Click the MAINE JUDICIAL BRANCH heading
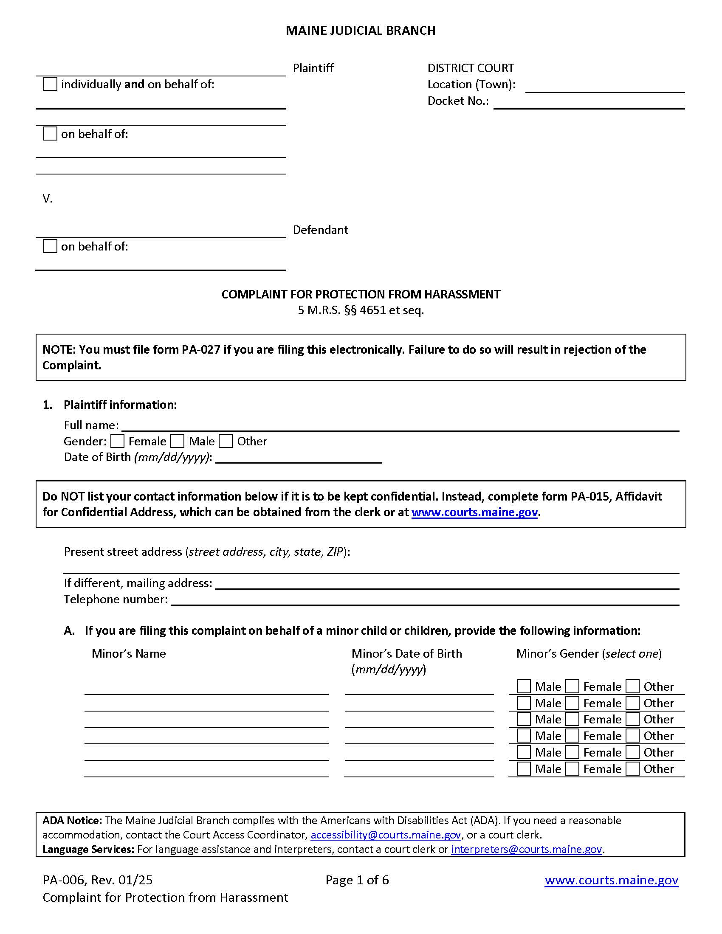tap(360, 31)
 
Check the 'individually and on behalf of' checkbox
tap(50, 84)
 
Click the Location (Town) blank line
tap(604, 87)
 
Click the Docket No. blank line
tap(589, 104)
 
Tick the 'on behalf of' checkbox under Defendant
tap(50, 246)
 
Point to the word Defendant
tap(320, 230)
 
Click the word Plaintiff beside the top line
tap(313, 68)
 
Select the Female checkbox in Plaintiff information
tap(117, 442)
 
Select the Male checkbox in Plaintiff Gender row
tap(178, 442)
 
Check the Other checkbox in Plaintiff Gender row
tap(226, 442)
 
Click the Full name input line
tap(400, 426)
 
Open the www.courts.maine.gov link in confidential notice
tap(474, 512)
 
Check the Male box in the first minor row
tap(524, 687)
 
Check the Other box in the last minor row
tap(633, 769)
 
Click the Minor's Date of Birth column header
tap(406, 654)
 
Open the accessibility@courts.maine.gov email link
tap(385, 835)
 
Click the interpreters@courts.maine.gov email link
tap(526, 850)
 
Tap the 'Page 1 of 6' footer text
tap(357, 880)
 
